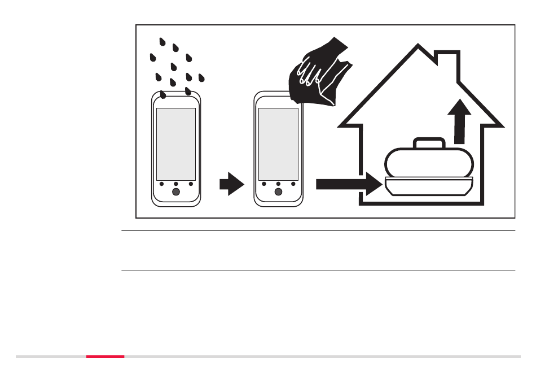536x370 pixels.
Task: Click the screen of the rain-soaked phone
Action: [175, 144]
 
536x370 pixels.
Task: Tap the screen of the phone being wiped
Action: [278, 144]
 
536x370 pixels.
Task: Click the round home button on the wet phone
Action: [176, 192]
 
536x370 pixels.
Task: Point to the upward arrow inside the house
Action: [462, 120]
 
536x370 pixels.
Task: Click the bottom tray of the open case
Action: [427, 187]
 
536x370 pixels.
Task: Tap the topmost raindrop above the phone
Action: [162, 42]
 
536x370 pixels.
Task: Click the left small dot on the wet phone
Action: [161, 184]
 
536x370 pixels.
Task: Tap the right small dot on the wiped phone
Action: [293, 184]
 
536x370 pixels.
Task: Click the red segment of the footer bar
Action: [105, 356]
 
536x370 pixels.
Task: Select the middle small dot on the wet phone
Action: [176, 184]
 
